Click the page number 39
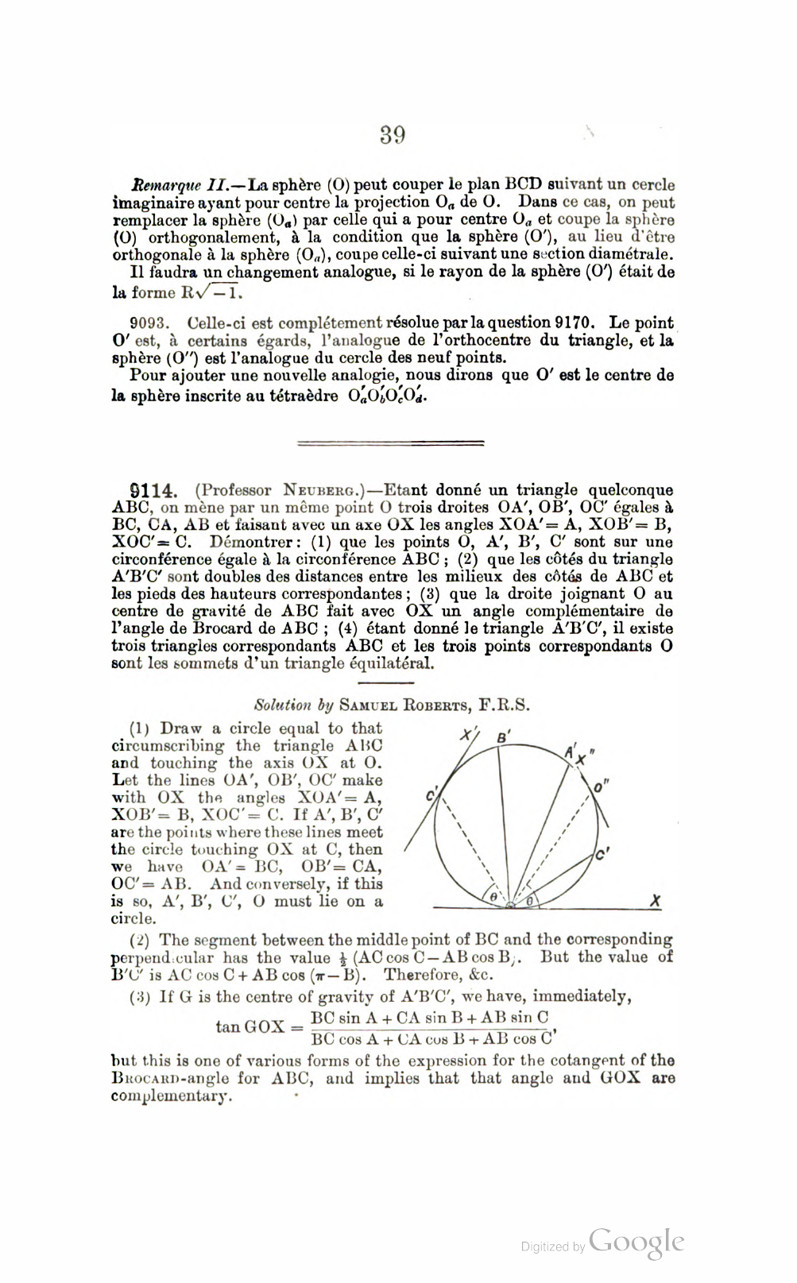(x=393, y=135)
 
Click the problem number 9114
(x=152, y=490)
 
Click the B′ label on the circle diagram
(x=503, y=737)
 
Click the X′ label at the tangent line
(x=469, y=734)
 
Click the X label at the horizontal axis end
(x=656, y=902)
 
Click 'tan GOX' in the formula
(x=250, y=1026)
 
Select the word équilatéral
(x=393, y=663)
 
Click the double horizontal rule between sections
(x=390, y=442)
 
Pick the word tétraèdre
(x=300, y=396)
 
